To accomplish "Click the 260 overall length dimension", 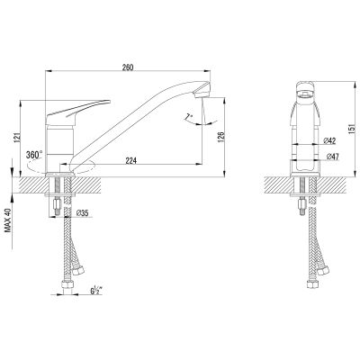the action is (128, 67).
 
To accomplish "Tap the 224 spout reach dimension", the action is (131, 161).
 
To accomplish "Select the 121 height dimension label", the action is (18, 137).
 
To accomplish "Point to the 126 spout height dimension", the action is (220, 137).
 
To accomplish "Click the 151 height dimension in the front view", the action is (353, 129).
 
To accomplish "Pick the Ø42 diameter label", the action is (330, 140).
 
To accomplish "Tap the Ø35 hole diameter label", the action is (82, 213).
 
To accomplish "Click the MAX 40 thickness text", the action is (8, 220).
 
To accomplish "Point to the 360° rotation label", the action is (34, 155).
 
